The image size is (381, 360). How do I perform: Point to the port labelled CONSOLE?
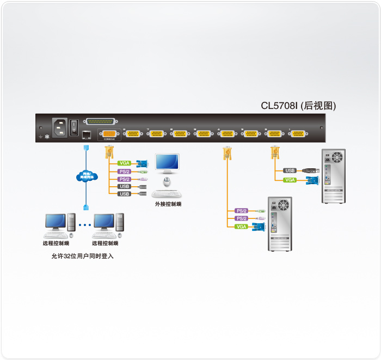click(109, 134)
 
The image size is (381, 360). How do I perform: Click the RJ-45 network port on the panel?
click(86, 134)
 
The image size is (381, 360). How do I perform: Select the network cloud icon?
click(86, 176)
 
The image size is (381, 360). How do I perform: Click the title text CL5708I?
click(280, 106)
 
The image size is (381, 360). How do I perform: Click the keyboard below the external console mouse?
click(167, 193)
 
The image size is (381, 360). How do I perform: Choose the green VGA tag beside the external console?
click(125, 163)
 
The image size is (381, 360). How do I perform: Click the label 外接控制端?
click(168, 204)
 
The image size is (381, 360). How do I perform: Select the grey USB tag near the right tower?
click(290, 170)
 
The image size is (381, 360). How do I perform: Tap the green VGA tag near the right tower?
click(290, 180)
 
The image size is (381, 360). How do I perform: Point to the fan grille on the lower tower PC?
click(282, 205)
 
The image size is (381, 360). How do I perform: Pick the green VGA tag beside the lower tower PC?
click(241, 226)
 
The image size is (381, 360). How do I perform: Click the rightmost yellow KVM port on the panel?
click(297, 134)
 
